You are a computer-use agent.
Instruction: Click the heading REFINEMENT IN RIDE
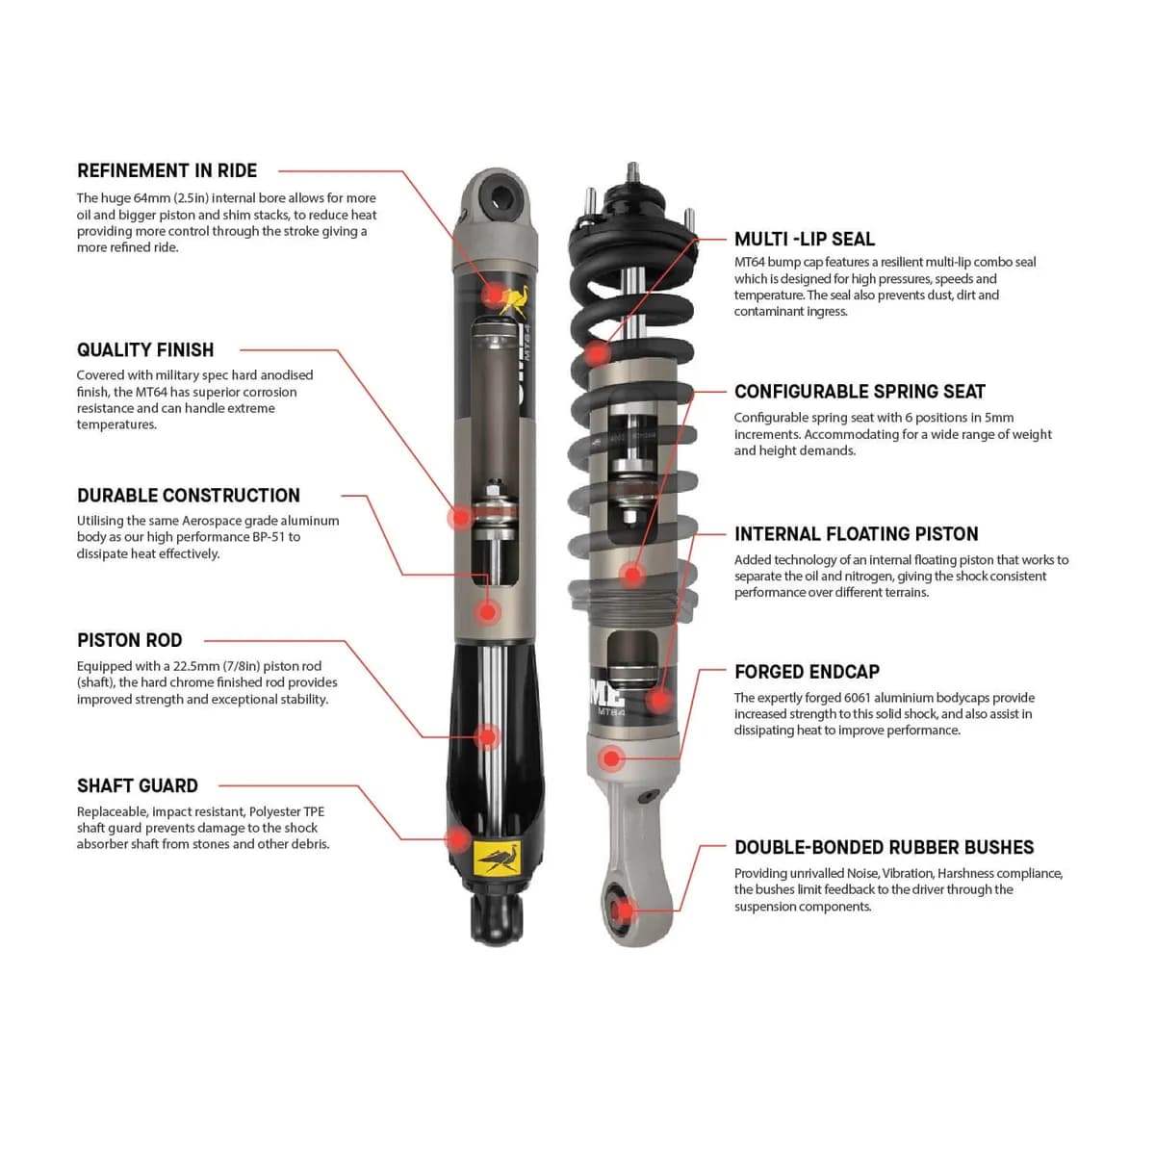[167, 171]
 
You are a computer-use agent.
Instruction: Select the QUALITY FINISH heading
[145, 350]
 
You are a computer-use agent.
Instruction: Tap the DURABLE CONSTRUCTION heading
[189, 496]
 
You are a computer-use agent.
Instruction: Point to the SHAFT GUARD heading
[137, 786]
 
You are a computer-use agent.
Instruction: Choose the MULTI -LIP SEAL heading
[805, 240]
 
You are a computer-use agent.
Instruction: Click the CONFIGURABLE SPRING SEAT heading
[860, 392]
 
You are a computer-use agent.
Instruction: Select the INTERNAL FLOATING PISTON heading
[856, 534]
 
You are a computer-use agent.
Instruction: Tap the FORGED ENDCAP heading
[807, 672]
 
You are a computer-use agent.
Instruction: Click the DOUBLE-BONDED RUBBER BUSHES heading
[884, 848]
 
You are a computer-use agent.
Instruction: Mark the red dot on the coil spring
[598, 352]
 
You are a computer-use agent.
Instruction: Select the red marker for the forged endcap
[610, 758]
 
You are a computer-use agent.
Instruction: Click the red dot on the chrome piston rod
[488, 737]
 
